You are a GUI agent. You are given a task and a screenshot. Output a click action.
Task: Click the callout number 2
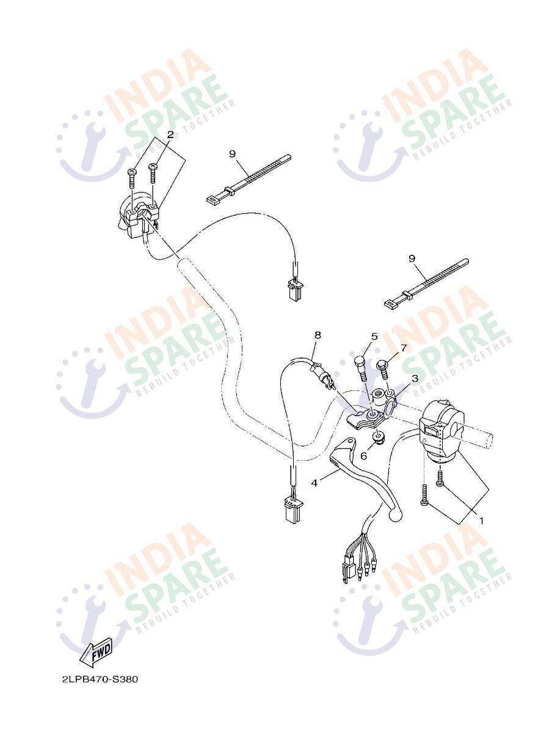170,135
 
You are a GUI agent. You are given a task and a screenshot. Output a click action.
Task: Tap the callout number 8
318,335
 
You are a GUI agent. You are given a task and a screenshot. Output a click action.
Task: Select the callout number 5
374,337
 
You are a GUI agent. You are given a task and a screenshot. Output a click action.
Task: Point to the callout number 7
404,348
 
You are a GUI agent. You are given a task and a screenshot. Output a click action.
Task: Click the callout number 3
415,378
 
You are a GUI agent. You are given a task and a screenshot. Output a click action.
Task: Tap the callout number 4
314,483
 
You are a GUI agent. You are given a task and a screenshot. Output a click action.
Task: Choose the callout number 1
481,520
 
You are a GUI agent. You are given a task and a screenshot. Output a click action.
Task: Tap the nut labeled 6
378,437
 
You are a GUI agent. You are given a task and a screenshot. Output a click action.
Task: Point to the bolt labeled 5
362,369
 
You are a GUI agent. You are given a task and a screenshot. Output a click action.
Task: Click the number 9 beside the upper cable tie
233,153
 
